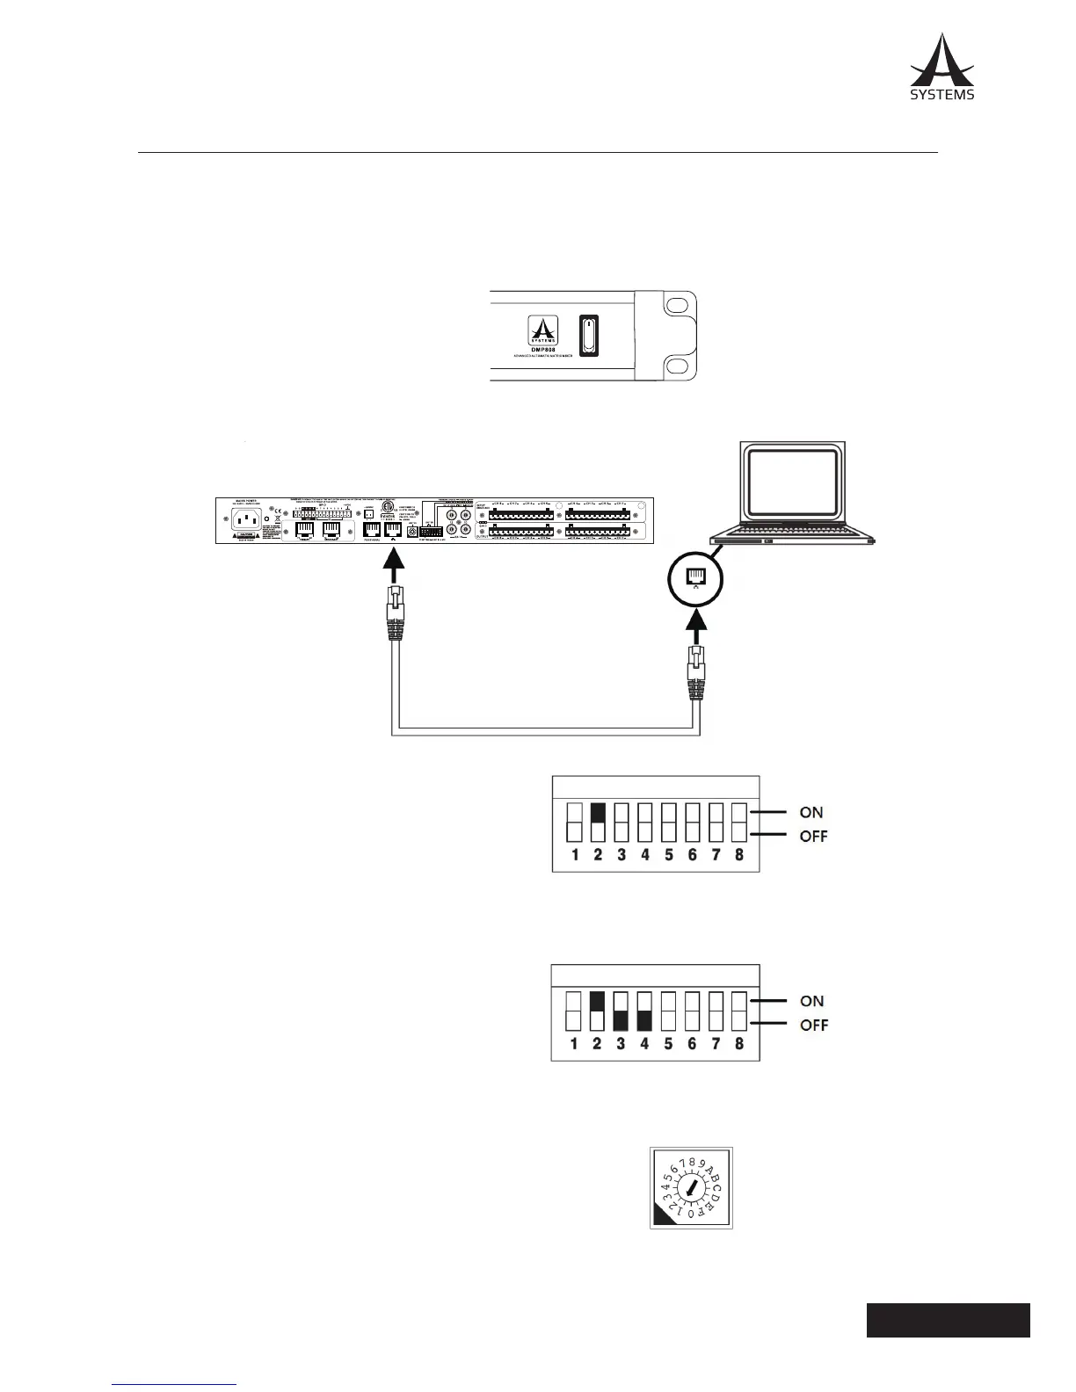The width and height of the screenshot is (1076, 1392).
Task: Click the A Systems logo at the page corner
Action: [x=941, y=67]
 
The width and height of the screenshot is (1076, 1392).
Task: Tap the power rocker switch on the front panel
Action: [x=588, y=337]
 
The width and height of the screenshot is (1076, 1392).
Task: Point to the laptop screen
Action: [x=793, y=482]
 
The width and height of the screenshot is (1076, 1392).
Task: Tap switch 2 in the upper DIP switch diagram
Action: [x=598, y=823]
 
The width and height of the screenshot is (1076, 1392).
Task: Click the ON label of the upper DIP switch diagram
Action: [x=811, y=813]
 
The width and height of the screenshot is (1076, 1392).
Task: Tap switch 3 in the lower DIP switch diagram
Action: [x=622, y=1011]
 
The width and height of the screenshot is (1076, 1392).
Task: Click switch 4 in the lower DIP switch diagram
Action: [x=644, y=1011]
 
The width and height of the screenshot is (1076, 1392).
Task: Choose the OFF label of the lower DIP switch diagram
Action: [x=813, y=1025]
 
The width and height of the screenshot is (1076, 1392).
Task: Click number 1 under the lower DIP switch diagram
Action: [x=574, y=1044]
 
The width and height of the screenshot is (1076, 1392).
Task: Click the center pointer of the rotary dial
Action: [x=691, y=1188]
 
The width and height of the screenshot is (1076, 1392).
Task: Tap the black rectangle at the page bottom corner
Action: [x=948, y=1320]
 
